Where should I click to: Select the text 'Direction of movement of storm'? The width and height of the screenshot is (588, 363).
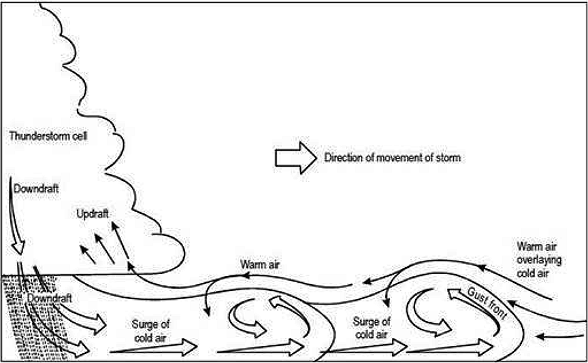pyautogui.click(x=392, y=158)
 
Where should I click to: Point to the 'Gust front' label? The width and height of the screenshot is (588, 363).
pyautogui.click(x=483, y=302)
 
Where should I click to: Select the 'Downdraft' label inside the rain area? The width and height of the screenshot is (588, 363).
pyautogui.click(x=49, y=298)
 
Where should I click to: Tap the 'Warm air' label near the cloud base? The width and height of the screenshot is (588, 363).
pyautogui.click(x=261, y=263)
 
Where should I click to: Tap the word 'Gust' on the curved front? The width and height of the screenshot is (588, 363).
pyautogui.click(x=474, y=296)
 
